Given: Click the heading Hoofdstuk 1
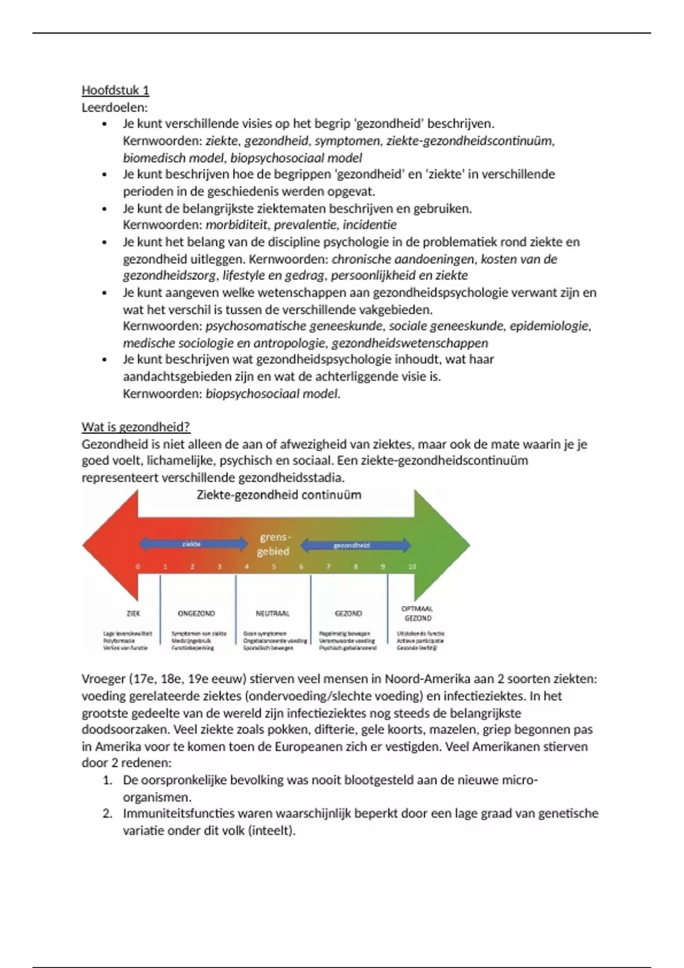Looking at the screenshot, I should pos(115,90).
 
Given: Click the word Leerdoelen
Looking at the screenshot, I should pos(114,107).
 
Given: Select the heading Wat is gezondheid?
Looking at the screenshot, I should pos(136,426).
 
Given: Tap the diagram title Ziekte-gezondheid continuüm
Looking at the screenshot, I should pos(279,495).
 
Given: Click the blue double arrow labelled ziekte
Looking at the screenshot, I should pos(193,544).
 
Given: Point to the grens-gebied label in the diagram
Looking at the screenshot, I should pos(274,544).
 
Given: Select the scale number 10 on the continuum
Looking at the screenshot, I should pos(412,567).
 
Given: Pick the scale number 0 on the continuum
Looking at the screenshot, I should pos(137,567).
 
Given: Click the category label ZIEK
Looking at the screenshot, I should pos(133,613).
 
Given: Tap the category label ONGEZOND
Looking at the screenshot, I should pos(196,613).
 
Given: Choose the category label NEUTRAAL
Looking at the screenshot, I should pos(272,613).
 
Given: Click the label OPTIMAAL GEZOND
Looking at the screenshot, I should pos(417,613).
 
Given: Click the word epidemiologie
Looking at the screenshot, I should pos(549,326).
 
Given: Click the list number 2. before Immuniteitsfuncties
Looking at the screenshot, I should pos(107,813).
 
